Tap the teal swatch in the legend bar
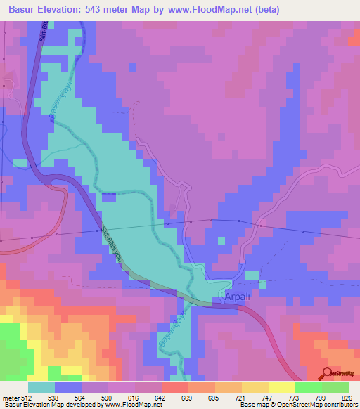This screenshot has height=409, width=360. [x=41, y=387]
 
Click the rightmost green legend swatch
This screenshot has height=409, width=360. [x=335, y=387]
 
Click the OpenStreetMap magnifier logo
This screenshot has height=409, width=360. [x=327, y=373]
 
